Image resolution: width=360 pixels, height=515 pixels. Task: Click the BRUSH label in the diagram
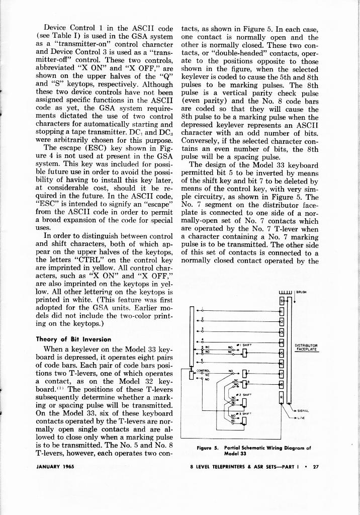click(302, 291)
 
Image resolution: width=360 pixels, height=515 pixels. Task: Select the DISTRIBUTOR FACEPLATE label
click(307, 347)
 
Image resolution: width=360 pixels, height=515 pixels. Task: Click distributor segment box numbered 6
click(282, 363)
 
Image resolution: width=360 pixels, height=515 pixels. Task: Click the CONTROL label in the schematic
click(203, 371)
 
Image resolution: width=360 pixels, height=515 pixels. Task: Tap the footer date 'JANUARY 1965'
click(55, 466)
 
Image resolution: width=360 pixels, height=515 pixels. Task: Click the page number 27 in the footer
click(316, 466)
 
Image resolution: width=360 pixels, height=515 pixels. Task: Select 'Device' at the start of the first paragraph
click(55, 27)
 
